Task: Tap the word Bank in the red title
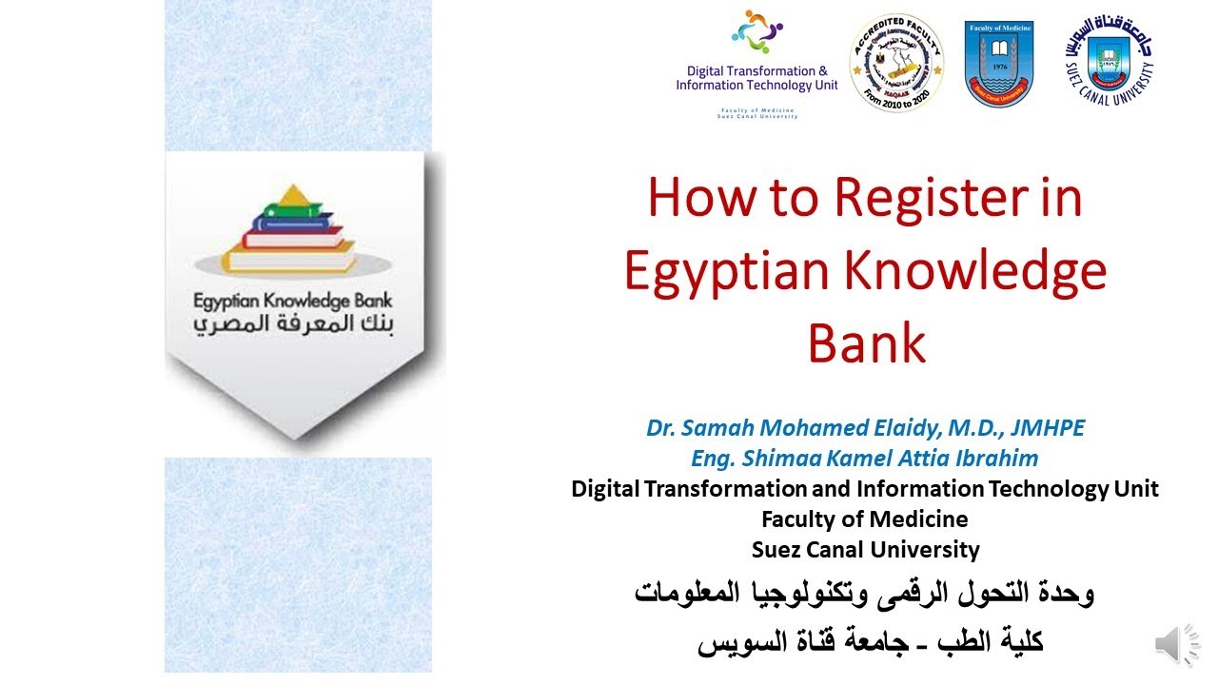866,343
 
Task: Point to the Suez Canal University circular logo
1109,62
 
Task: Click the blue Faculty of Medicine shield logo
998,63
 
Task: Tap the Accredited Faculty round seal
896,63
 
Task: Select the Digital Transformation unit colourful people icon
756,33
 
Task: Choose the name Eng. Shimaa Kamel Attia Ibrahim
865,459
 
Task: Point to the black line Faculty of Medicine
865,519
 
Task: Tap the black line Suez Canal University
865,550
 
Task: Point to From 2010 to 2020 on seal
896,98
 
